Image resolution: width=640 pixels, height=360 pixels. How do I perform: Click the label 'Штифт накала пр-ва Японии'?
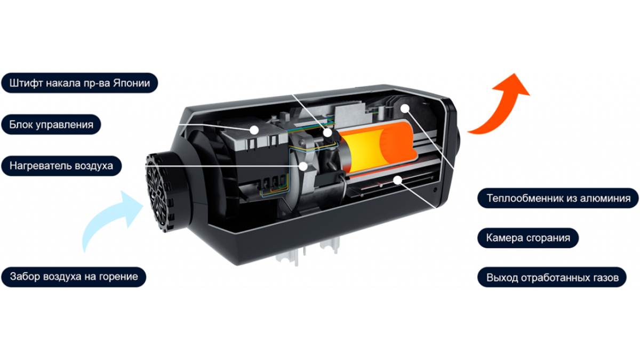[79, 83]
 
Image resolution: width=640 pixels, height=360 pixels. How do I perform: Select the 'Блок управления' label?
[51, 124]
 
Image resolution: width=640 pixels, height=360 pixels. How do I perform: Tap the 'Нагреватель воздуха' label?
[61, 166]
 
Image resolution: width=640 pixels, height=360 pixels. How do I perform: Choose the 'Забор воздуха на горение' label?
[74, 277]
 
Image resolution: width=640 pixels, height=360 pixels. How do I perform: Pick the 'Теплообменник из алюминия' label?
[558, 198]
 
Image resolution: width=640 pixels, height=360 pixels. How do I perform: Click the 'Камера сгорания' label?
[528, 238]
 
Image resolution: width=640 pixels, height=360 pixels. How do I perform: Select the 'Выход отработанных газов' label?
[552, 277]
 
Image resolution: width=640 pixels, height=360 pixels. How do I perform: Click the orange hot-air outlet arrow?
[503, 106]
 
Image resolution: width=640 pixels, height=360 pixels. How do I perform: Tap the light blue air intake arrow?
[111, 220]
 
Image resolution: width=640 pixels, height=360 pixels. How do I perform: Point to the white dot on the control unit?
[254, 130]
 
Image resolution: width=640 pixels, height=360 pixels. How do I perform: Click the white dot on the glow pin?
[327, 133]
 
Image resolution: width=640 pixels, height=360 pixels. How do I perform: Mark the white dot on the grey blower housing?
[303, 166]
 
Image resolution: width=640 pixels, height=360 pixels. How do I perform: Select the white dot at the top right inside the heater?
[405, 108]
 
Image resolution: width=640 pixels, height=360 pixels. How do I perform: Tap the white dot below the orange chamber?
[397, 180]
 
